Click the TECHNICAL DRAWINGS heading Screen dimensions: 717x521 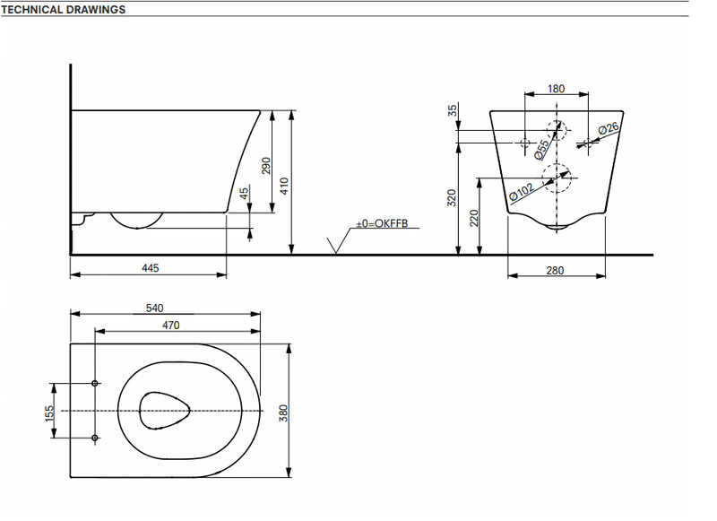[x=63, y=10]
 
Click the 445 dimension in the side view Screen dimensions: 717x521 [x=150, y=268]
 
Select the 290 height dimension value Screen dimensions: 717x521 [x=266, y=166]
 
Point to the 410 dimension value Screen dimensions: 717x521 [x=284, y=187]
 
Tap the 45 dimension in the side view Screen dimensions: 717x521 [x=244, y=193]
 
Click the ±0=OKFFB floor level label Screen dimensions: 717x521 [x=382, y=223]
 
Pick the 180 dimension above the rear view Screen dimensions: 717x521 [x=556, y=89]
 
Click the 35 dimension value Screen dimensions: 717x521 [x=453, y=110]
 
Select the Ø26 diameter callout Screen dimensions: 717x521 [x=609, y=128]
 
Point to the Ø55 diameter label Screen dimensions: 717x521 [x=542, y=151]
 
